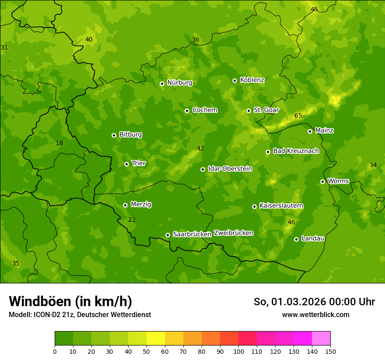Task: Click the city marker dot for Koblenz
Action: pyautogui.click(x=234, y=80)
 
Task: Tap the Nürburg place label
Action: pyautogui.click(x=180, y=83)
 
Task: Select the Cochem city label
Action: pyautogui.click(x=205, y=110)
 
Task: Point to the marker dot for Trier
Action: pyautogui.click(x=126, y=164)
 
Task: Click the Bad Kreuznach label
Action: pyautogui.click(x=296, y=151)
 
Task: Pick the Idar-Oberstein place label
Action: pyautogui.click(x=230, y=168)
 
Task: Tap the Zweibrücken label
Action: pyautogui.click(x=233, y=233)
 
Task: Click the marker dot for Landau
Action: pyautogui.click(x=296, y=239)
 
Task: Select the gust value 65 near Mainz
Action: pyautogui.click(x=298, y=116)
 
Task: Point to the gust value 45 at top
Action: pyautogui.click(x=314, y=9)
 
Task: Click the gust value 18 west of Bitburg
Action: pyautogui.click(x=59, y=143)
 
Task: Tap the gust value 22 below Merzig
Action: pyautogui.click(x=132, y=220)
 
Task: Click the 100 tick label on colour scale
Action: pyautogui.click(x=238, y=351)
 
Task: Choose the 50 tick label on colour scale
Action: pyautogui.click(x=147, y=351)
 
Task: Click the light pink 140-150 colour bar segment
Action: pyautogui.click(x=321, y=339)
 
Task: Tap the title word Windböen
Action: pyautogui.click(x=39, y=301)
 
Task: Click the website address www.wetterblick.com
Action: pyautogui.click(x=315, y=315)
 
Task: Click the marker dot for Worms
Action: pyautogui.click(x=322, y=181)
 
